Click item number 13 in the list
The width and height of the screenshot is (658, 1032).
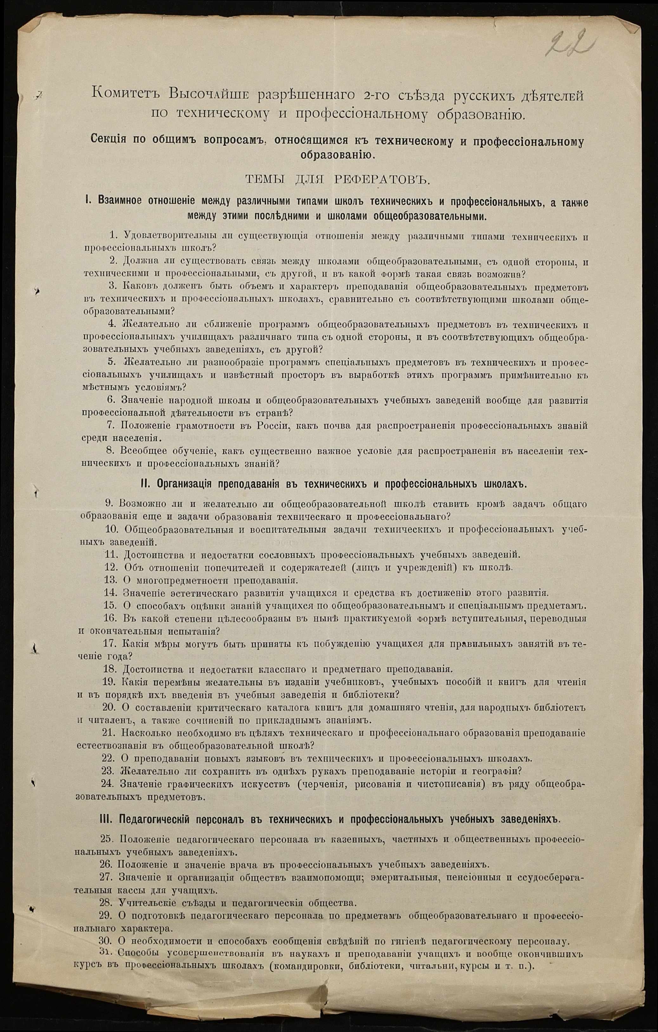111,580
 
